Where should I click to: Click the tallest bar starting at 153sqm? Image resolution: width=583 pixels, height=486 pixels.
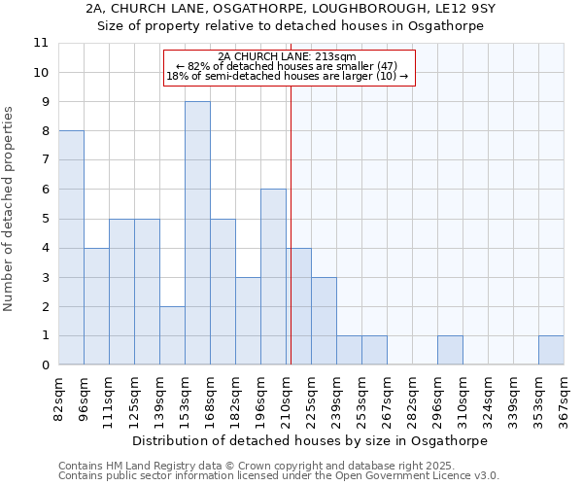coord(197,233)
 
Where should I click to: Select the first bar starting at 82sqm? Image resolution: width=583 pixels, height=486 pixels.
coord(71,248)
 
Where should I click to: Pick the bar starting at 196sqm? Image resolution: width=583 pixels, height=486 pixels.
coord(273,277)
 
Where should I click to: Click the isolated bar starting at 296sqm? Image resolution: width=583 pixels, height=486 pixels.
coord(450,351)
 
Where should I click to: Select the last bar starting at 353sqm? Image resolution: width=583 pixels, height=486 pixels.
coord(551,351)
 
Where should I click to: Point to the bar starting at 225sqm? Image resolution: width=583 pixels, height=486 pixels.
coord(324,321)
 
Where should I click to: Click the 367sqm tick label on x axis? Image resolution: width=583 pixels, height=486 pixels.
coord(564,399)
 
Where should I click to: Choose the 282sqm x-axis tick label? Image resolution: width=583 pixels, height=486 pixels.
coord(412,399)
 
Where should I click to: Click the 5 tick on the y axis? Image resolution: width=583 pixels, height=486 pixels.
coord(44,219)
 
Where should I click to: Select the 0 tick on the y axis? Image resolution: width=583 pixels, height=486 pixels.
coord(44,365)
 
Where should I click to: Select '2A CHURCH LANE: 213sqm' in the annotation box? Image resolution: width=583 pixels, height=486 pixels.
coord(288,56)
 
